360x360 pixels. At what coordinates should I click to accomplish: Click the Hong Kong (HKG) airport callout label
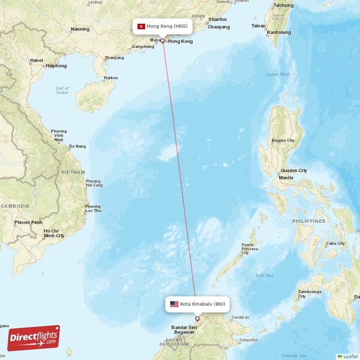163,26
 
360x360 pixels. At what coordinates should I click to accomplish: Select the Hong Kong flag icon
141,26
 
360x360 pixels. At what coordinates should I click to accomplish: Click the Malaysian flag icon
174,304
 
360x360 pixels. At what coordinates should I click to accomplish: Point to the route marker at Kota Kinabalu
197,319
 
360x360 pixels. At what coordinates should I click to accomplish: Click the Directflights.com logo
34,337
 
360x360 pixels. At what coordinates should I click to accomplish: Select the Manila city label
286,177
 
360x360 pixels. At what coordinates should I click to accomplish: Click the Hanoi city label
36,60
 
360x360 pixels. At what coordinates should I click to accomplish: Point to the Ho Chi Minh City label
54,233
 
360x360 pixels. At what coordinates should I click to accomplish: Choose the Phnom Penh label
28,222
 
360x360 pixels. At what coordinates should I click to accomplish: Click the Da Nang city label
77,146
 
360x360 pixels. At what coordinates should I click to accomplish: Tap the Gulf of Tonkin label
62,90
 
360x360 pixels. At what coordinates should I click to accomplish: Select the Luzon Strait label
278,74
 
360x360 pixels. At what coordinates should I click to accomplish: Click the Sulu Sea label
264,275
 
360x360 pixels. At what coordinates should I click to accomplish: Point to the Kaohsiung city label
279,32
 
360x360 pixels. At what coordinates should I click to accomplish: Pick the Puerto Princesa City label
250,248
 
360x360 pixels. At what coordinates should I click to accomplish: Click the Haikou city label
111,78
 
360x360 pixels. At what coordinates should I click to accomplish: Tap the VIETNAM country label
73,172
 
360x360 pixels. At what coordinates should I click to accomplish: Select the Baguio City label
283,140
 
